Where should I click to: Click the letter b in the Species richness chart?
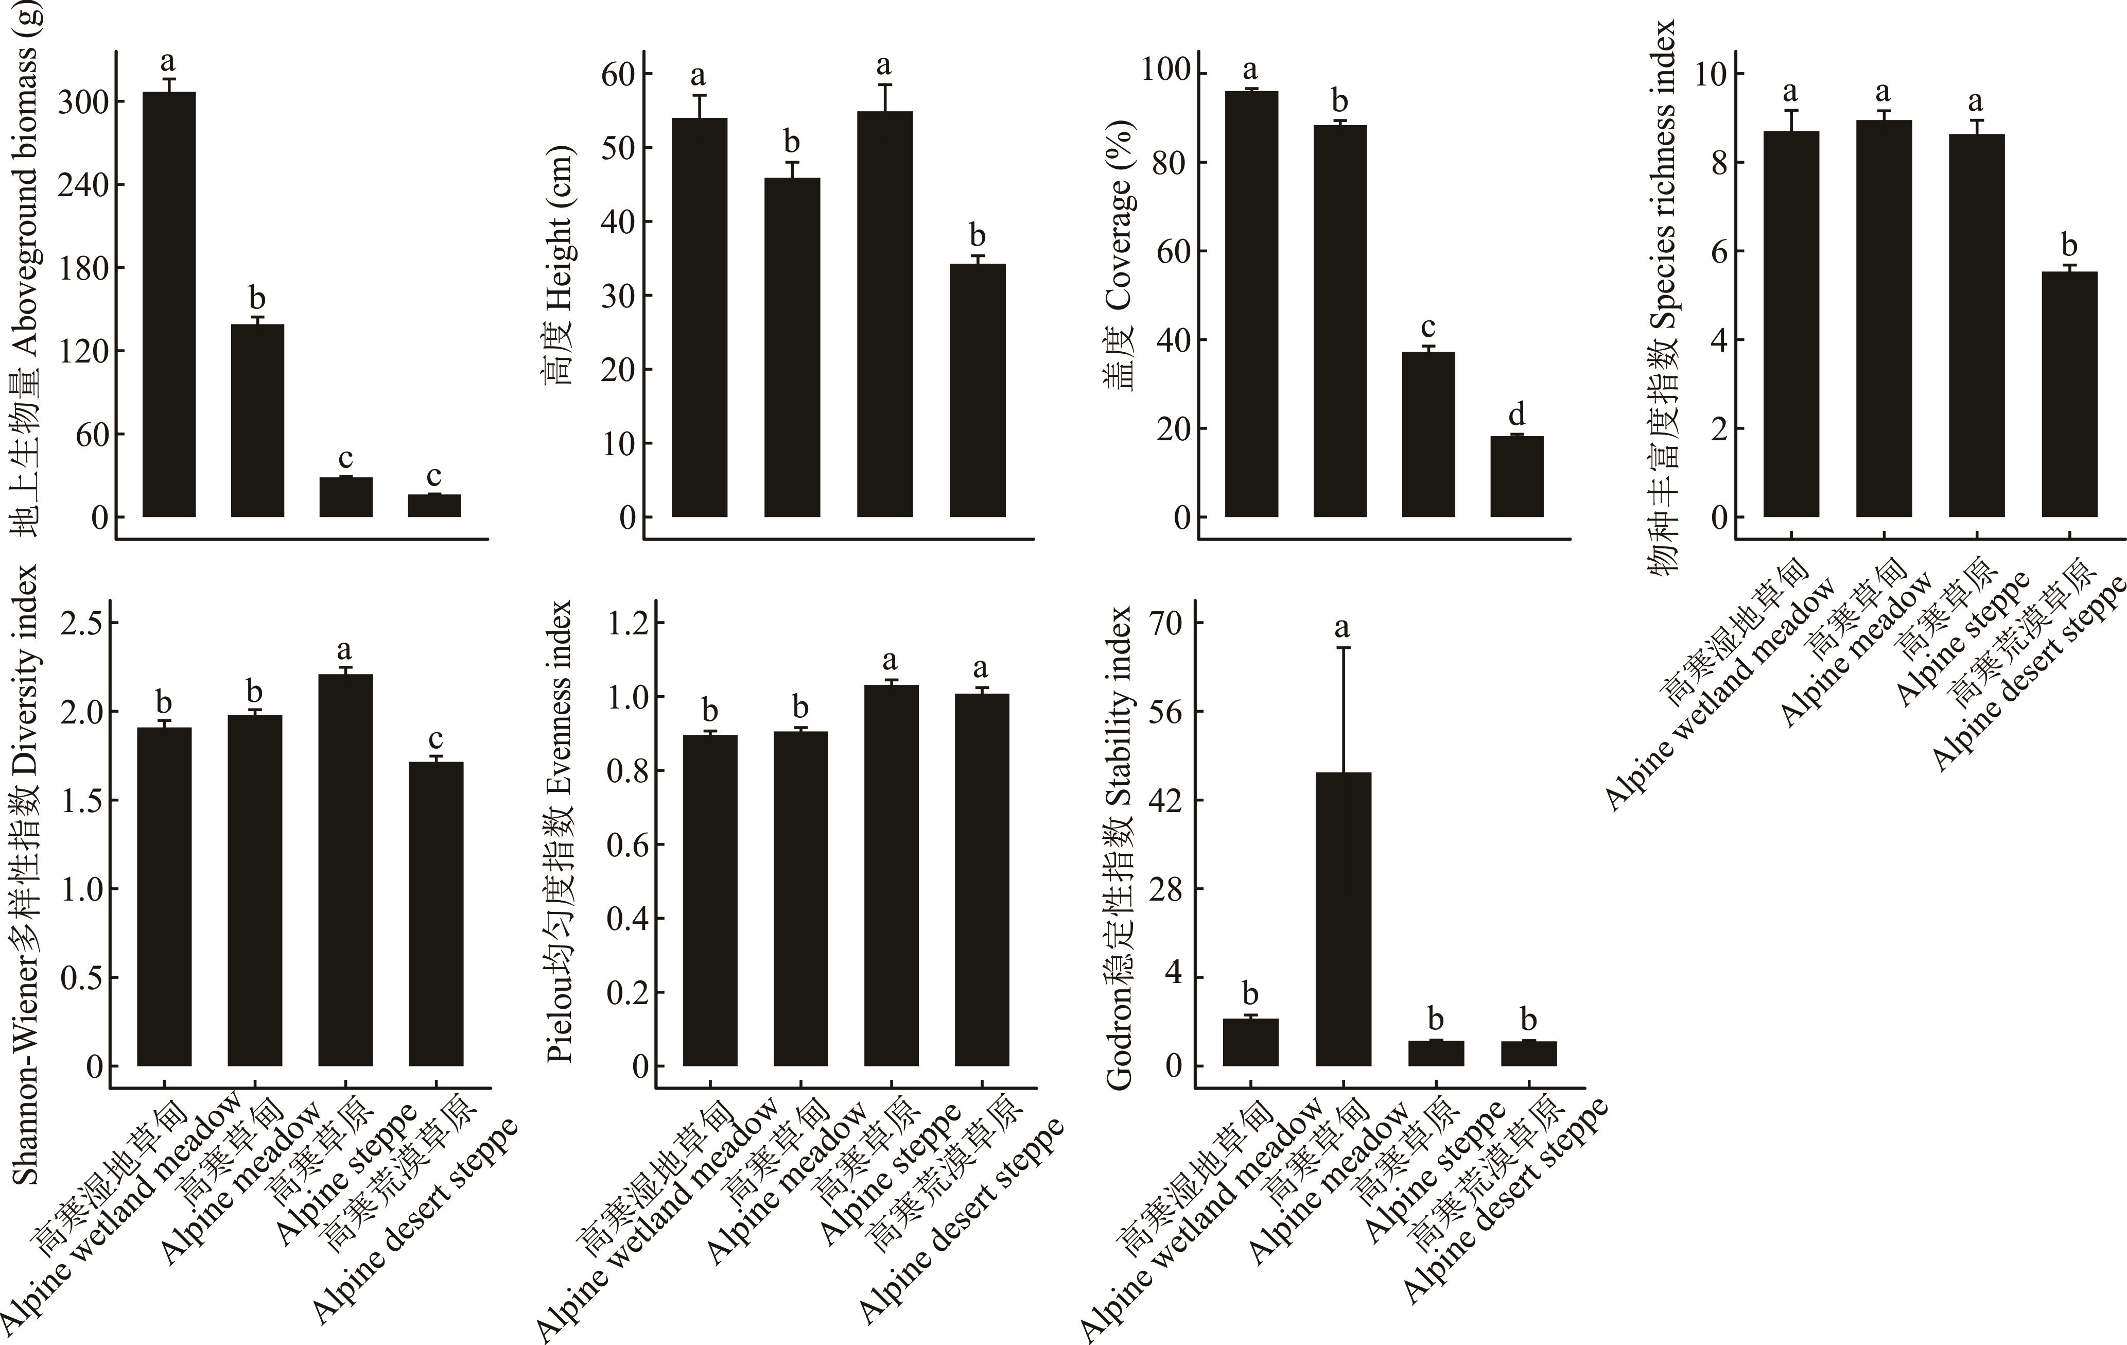(x=2069, y=245)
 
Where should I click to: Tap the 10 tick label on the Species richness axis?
(x=1708, y=74)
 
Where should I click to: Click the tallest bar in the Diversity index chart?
(x=345, y=870)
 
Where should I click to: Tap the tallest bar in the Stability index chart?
(x=1343, y=919)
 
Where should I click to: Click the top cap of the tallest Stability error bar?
(x=1343, y=648)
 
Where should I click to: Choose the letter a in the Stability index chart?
(x=1343, y=627)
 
